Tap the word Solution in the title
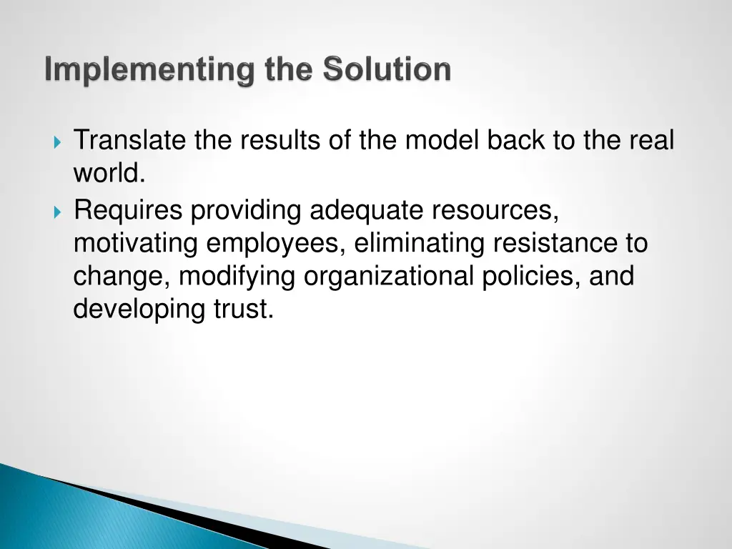386,70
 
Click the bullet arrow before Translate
58,141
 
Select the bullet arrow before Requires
58,212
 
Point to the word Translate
130,141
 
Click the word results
280,141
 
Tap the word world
109,174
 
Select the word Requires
129,211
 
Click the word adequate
367,211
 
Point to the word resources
495,211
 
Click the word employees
276,244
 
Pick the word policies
531,277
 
